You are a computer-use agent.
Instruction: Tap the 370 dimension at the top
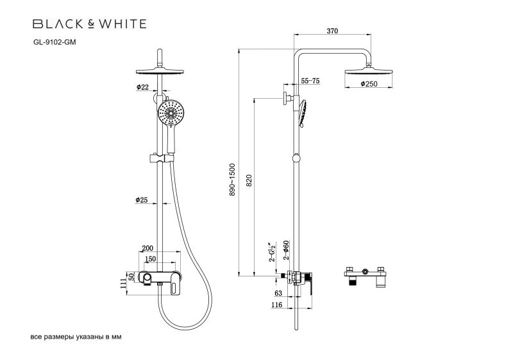[332, 31]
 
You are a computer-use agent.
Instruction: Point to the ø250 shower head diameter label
[368, 84]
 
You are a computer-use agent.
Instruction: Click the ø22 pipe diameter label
[142, 87]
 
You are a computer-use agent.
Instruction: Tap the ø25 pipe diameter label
[142, 200]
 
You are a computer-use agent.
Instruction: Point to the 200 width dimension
[147, 248]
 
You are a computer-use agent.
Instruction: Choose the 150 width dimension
[149, 259]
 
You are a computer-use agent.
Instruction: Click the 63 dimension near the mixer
[278, 293]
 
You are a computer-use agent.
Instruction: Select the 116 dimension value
[276, 306]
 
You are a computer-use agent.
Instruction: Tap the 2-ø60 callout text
[287, 249]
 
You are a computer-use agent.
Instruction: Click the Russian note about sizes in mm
[76, 337]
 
